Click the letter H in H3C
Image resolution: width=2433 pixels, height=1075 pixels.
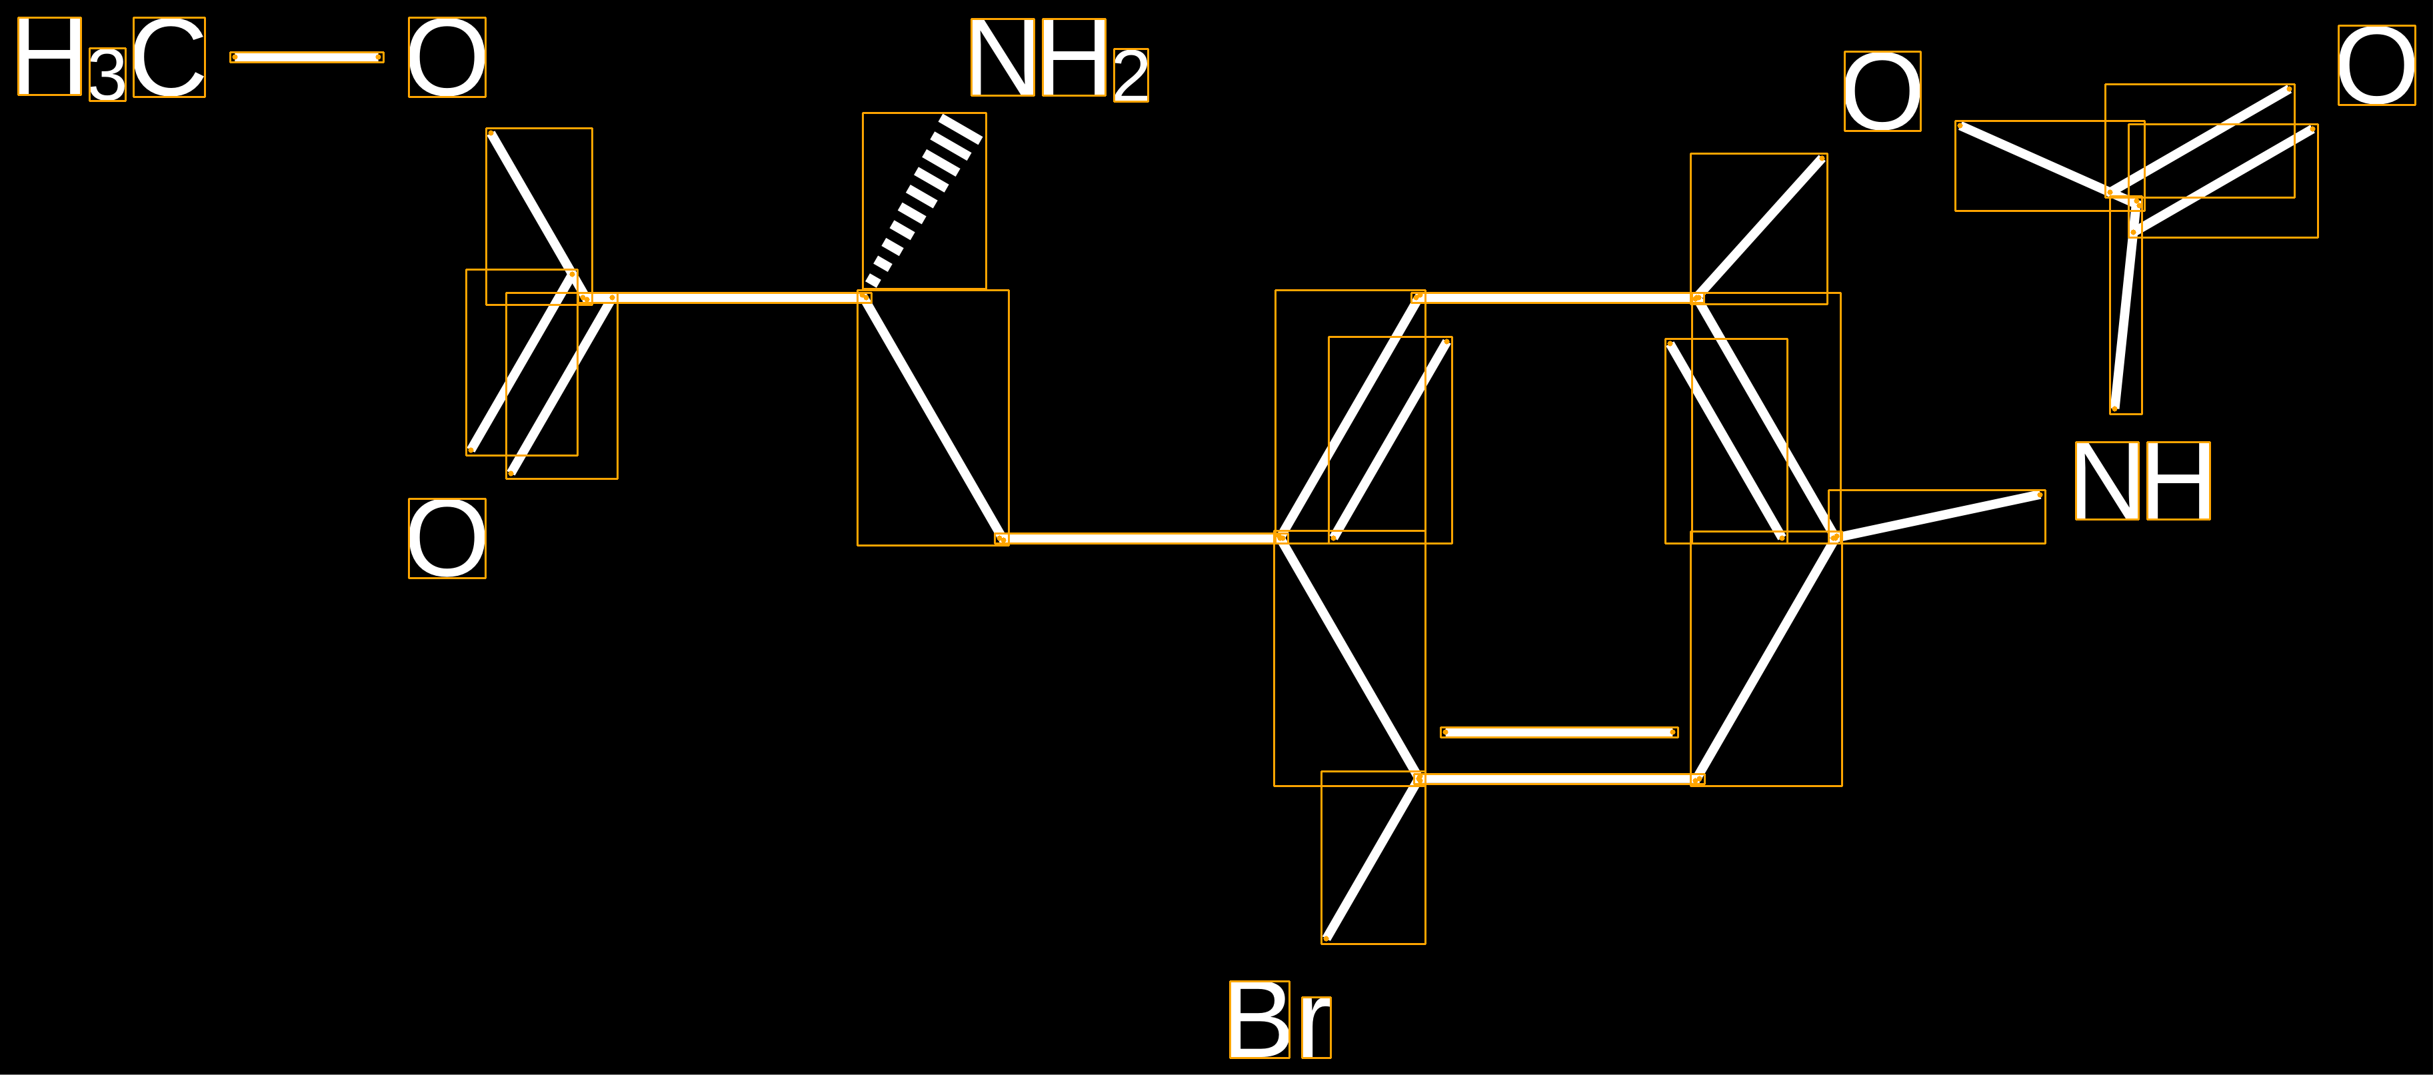(50, 57)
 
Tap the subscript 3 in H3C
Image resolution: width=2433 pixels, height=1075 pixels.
(108, 75)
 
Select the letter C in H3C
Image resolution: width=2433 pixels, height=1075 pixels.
(169, 57)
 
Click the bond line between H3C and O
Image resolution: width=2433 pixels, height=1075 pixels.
(307, 57)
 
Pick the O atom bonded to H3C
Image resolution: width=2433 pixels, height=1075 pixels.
(447, 57)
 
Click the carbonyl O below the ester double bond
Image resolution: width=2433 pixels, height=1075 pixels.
(447, 538)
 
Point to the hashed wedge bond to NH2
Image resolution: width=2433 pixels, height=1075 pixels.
(925, 200)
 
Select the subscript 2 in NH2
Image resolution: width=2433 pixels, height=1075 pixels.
(1131, 75)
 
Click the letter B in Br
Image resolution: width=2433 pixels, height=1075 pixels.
(1260, 1019)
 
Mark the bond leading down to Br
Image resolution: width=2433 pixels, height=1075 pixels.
(1373, 858)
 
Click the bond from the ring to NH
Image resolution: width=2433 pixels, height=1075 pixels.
(1937, 516)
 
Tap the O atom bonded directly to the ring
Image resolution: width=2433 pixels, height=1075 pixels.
(1882, 91)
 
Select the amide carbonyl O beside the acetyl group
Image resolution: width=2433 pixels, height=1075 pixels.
(2377, 65)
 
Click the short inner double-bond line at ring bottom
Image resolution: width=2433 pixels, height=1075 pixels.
(1559, 732)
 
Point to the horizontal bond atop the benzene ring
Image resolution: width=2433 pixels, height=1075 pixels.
(1558, 297)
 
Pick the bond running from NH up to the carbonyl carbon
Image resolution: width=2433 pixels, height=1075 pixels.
(2125, 307)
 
